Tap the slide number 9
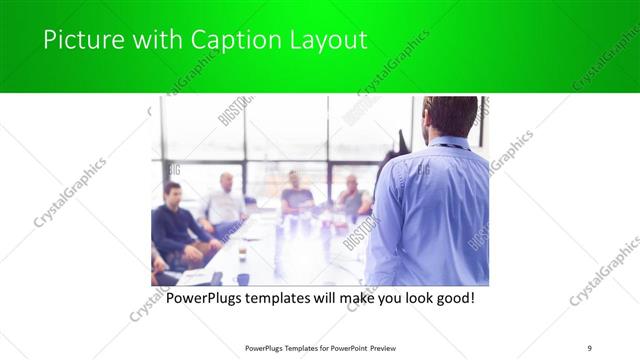tap(590, 347)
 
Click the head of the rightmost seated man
tap(351, 184)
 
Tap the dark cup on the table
tap(243, 279)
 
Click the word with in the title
tap(144, 40)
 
